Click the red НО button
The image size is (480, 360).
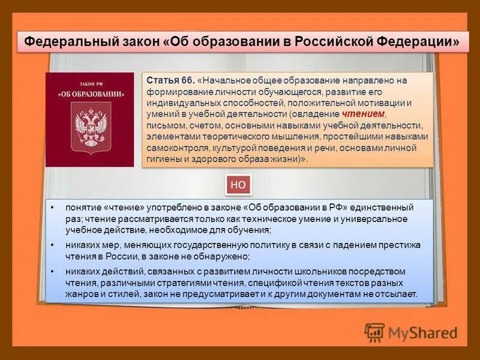(238, 185)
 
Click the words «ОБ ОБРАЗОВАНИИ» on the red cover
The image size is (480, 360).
(89, 94)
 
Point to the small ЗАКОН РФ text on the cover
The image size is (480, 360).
(89, 84)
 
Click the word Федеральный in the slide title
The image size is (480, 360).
(65, 43)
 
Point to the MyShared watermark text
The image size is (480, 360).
(422, 332)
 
